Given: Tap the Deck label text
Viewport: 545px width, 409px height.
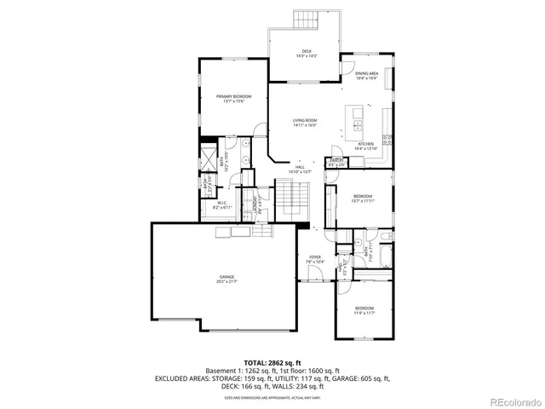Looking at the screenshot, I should [x=306, y=51].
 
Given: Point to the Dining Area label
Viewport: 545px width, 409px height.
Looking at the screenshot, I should [x=367, y=74].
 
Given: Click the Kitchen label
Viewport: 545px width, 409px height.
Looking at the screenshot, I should [x=366, y=144].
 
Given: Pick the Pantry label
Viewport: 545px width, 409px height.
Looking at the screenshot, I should [x=337, y=160].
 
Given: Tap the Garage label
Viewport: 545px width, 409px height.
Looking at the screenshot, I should [x=226, y=277].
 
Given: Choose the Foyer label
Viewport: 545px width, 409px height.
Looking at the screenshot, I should [x=314, y=256].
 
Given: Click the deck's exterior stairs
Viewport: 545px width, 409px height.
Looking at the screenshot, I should [x=306, y=19].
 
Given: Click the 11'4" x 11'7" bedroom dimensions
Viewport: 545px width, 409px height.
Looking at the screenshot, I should [x=364, y=312].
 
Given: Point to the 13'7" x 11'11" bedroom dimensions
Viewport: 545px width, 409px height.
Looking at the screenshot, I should [x=363, y=201].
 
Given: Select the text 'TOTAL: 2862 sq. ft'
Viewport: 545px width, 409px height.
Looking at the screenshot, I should [x=272, y=362].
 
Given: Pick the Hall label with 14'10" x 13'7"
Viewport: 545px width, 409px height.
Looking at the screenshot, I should [x=300, y=169].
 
